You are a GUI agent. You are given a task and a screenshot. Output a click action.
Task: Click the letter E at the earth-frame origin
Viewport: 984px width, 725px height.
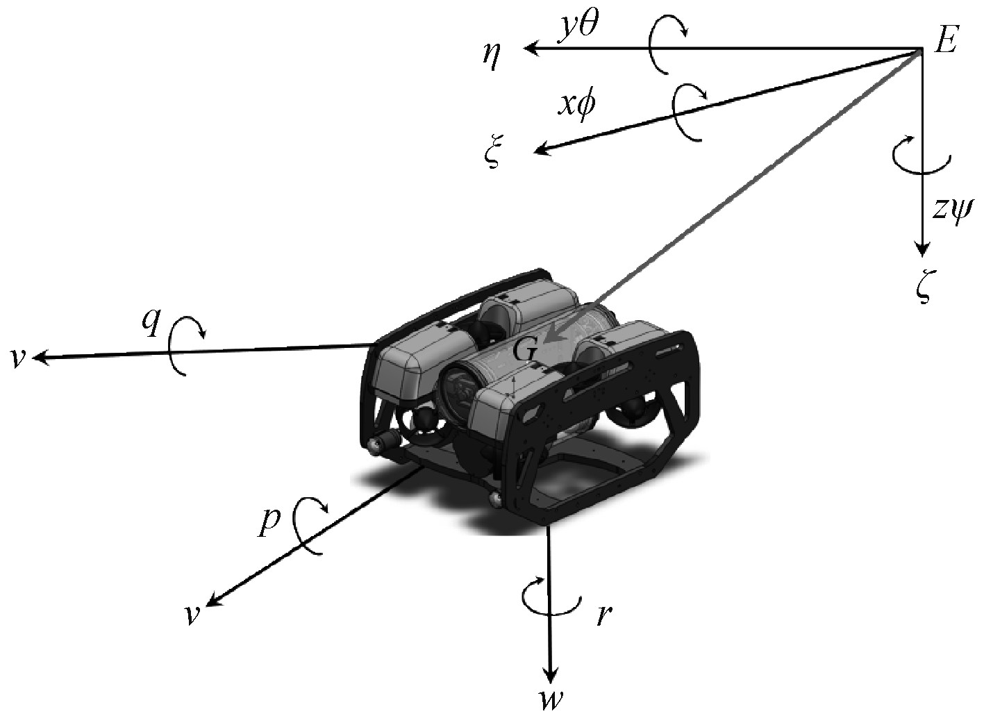click(x=946, y=42)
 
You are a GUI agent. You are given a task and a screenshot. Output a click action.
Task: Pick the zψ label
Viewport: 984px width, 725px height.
click(x=953, y=208)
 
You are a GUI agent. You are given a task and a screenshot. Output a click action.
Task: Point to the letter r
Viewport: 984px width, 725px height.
click(x=603, y=615)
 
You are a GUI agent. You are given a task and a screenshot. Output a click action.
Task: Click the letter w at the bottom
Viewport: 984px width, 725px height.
click(x=550, y=701)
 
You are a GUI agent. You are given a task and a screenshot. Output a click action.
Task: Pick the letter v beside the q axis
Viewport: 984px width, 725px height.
click(x=18, y=359)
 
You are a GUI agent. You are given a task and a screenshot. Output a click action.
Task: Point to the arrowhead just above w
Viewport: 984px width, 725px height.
click(x=551, y=674)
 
